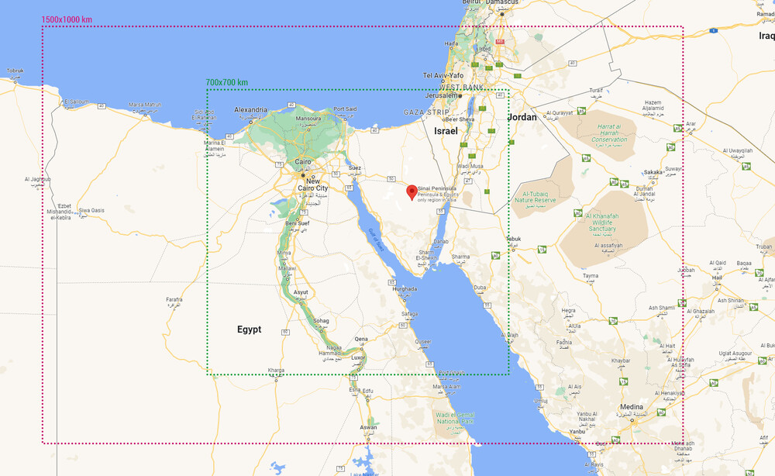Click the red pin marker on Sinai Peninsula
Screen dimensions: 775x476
tap(411, 191)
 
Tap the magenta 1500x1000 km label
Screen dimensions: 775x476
tap(67, 19)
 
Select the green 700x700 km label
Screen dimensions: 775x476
tap(227, 82)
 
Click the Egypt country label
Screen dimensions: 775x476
tap(249, 329)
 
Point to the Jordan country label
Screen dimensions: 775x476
tap(522, 117)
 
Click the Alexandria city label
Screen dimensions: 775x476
tap(250, 110)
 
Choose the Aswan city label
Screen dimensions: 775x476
tap(368, 427)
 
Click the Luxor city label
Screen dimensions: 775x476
tap(358, 357)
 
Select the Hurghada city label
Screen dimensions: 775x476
tap(405, 288)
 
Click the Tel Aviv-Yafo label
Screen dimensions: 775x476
tap(443, 75)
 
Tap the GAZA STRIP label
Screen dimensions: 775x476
tap(426, 112)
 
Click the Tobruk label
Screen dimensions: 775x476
tap(15, 71)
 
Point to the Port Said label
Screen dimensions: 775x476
tap(345, 109)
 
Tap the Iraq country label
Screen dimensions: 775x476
tap(766, 36)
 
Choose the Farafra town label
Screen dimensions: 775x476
tap(174, 299)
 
